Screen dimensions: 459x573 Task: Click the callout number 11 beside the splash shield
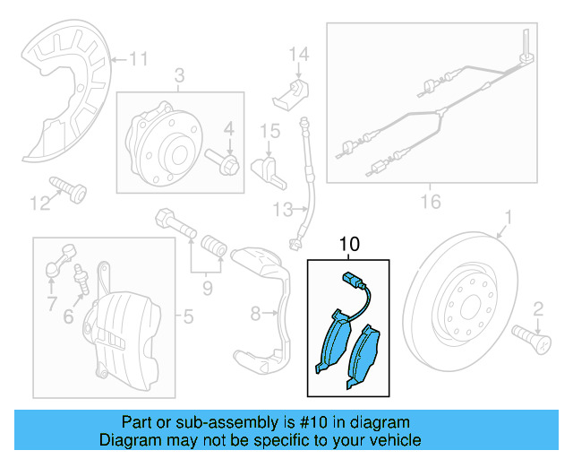tap(137, 60)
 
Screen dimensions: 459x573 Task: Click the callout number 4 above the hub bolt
tap(229, 130)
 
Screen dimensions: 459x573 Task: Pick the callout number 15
tap(269, 133)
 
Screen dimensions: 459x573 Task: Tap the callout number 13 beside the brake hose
tap(283, 210)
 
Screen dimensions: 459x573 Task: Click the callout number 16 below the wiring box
tap(431, 202)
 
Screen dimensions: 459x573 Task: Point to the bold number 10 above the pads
tap(348, 243)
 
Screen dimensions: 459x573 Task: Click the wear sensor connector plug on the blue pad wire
tap(348, 279)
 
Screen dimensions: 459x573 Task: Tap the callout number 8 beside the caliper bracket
tap(255, 314)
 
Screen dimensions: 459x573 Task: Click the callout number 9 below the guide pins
tap(207, 289)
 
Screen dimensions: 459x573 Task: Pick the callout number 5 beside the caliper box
tap(187, 316)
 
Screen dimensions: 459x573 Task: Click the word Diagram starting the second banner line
tap(129, 440)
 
